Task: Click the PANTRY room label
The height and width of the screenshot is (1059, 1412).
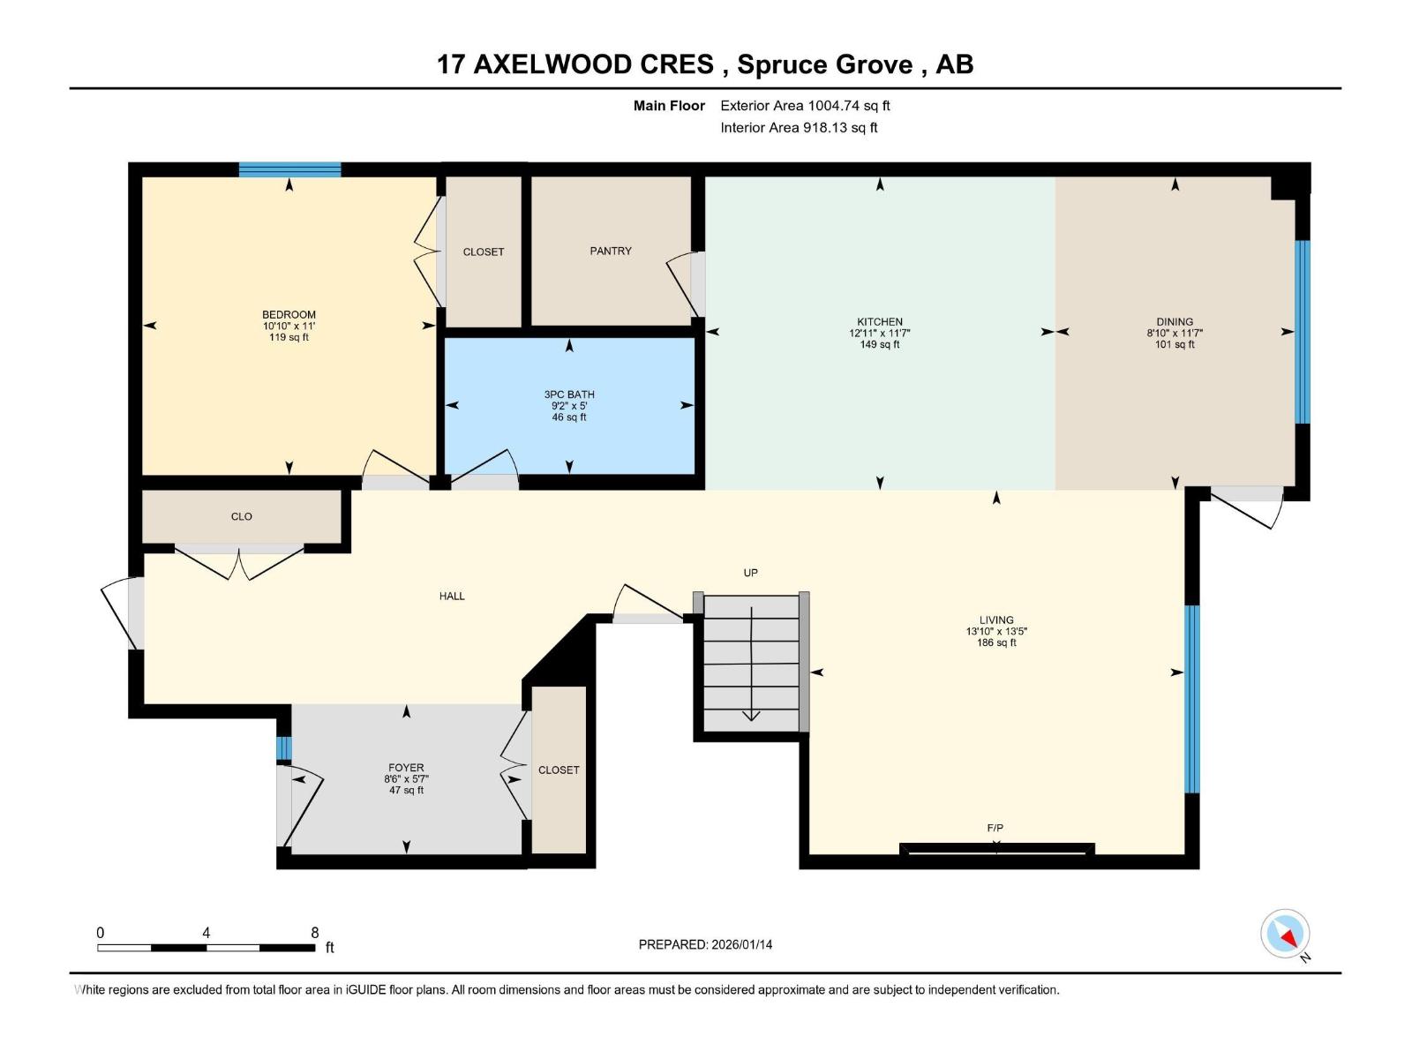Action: [x=611, y=252]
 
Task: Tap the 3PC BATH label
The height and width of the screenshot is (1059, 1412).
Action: [x=569, y=394]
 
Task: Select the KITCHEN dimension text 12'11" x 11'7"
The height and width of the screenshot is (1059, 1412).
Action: [x=879, y=334]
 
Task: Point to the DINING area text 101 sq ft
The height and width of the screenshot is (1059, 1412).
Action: [x=1175, y=345]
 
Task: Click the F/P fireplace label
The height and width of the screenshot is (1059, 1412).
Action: [x=995, y=828]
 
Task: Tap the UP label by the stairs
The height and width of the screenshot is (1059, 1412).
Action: [x=750, y=573]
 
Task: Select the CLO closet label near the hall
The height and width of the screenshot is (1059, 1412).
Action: [x=241, y=517]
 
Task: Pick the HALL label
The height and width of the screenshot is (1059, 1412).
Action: [x=452, y=597]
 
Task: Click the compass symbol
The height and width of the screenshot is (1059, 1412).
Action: [x=1285, y=934]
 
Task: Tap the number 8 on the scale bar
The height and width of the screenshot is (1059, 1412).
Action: [x=315, y=933]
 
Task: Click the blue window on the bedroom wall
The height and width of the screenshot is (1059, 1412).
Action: [x=289, y=169]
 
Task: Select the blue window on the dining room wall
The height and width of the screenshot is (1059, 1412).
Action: [x=1302, y=332]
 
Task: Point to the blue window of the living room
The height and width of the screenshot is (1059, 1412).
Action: [x=1191, y=699]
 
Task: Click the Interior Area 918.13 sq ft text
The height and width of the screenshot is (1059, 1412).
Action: [x=799, y=128]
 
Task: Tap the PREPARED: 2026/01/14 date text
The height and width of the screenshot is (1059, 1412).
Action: [x=705, y=944]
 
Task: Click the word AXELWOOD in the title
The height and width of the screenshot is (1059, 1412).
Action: [x=593, y=64]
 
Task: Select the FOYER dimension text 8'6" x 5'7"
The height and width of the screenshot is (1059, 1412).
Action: [x=406, y=779]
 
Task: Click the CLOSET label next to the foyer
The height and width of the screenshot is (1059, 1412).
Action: [x=559, y=770]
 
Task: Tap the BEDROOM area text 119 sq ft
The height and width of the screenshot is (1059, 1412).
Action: [x=289, y=338]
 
